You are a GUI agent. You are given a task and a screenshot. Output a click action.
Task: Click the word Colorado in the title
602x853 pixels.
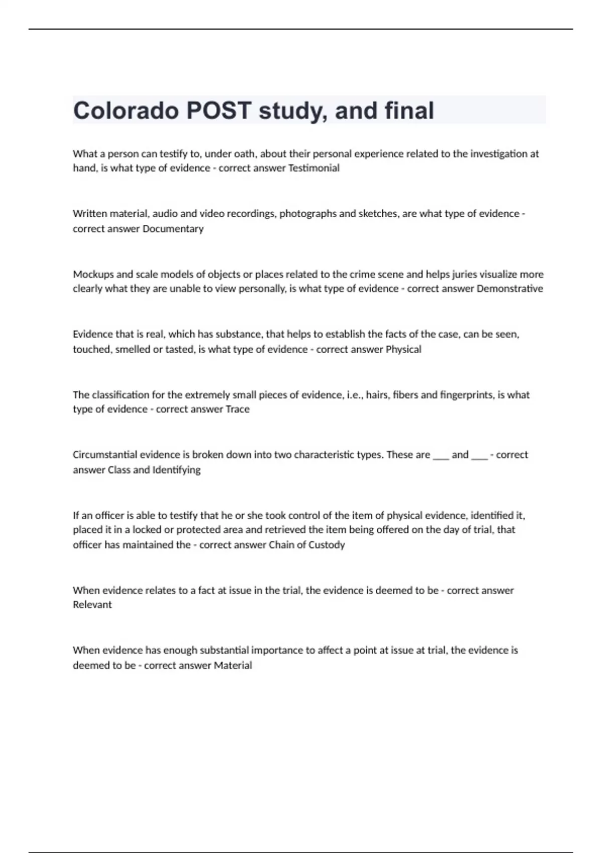point(126,111)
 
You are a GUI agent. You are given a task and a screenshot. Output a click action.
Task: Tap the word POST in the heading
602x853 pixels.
point(218,111)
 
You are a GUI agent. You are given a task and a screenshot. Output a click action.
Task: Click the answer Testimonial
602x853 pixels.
point(314,168)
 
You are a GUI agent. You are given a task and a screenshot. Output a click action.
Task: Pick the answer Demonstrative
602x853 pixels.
point(510,289)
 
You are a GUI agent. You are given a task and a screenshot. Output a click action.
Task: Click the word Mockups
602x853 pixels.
point(94,274)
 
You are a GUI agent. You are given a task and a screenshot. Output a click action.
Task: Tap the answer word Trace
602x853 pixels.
point(237,409)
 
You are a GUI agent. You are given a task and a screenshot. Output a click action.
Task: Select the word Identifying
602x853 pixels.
point(176,470)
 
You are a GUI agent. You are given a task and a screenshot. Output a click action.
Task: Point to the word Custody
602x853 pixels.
point(326,545)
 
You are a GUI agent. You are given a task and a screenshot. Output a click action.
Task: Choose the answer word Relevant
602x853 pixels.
point(92,605)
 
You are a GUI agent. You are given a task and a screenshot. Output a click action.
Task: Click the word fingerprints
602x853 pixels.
point(466,395)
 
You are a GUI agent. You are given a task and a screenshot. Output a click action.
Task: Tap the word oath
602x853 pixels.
point(244,154)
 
